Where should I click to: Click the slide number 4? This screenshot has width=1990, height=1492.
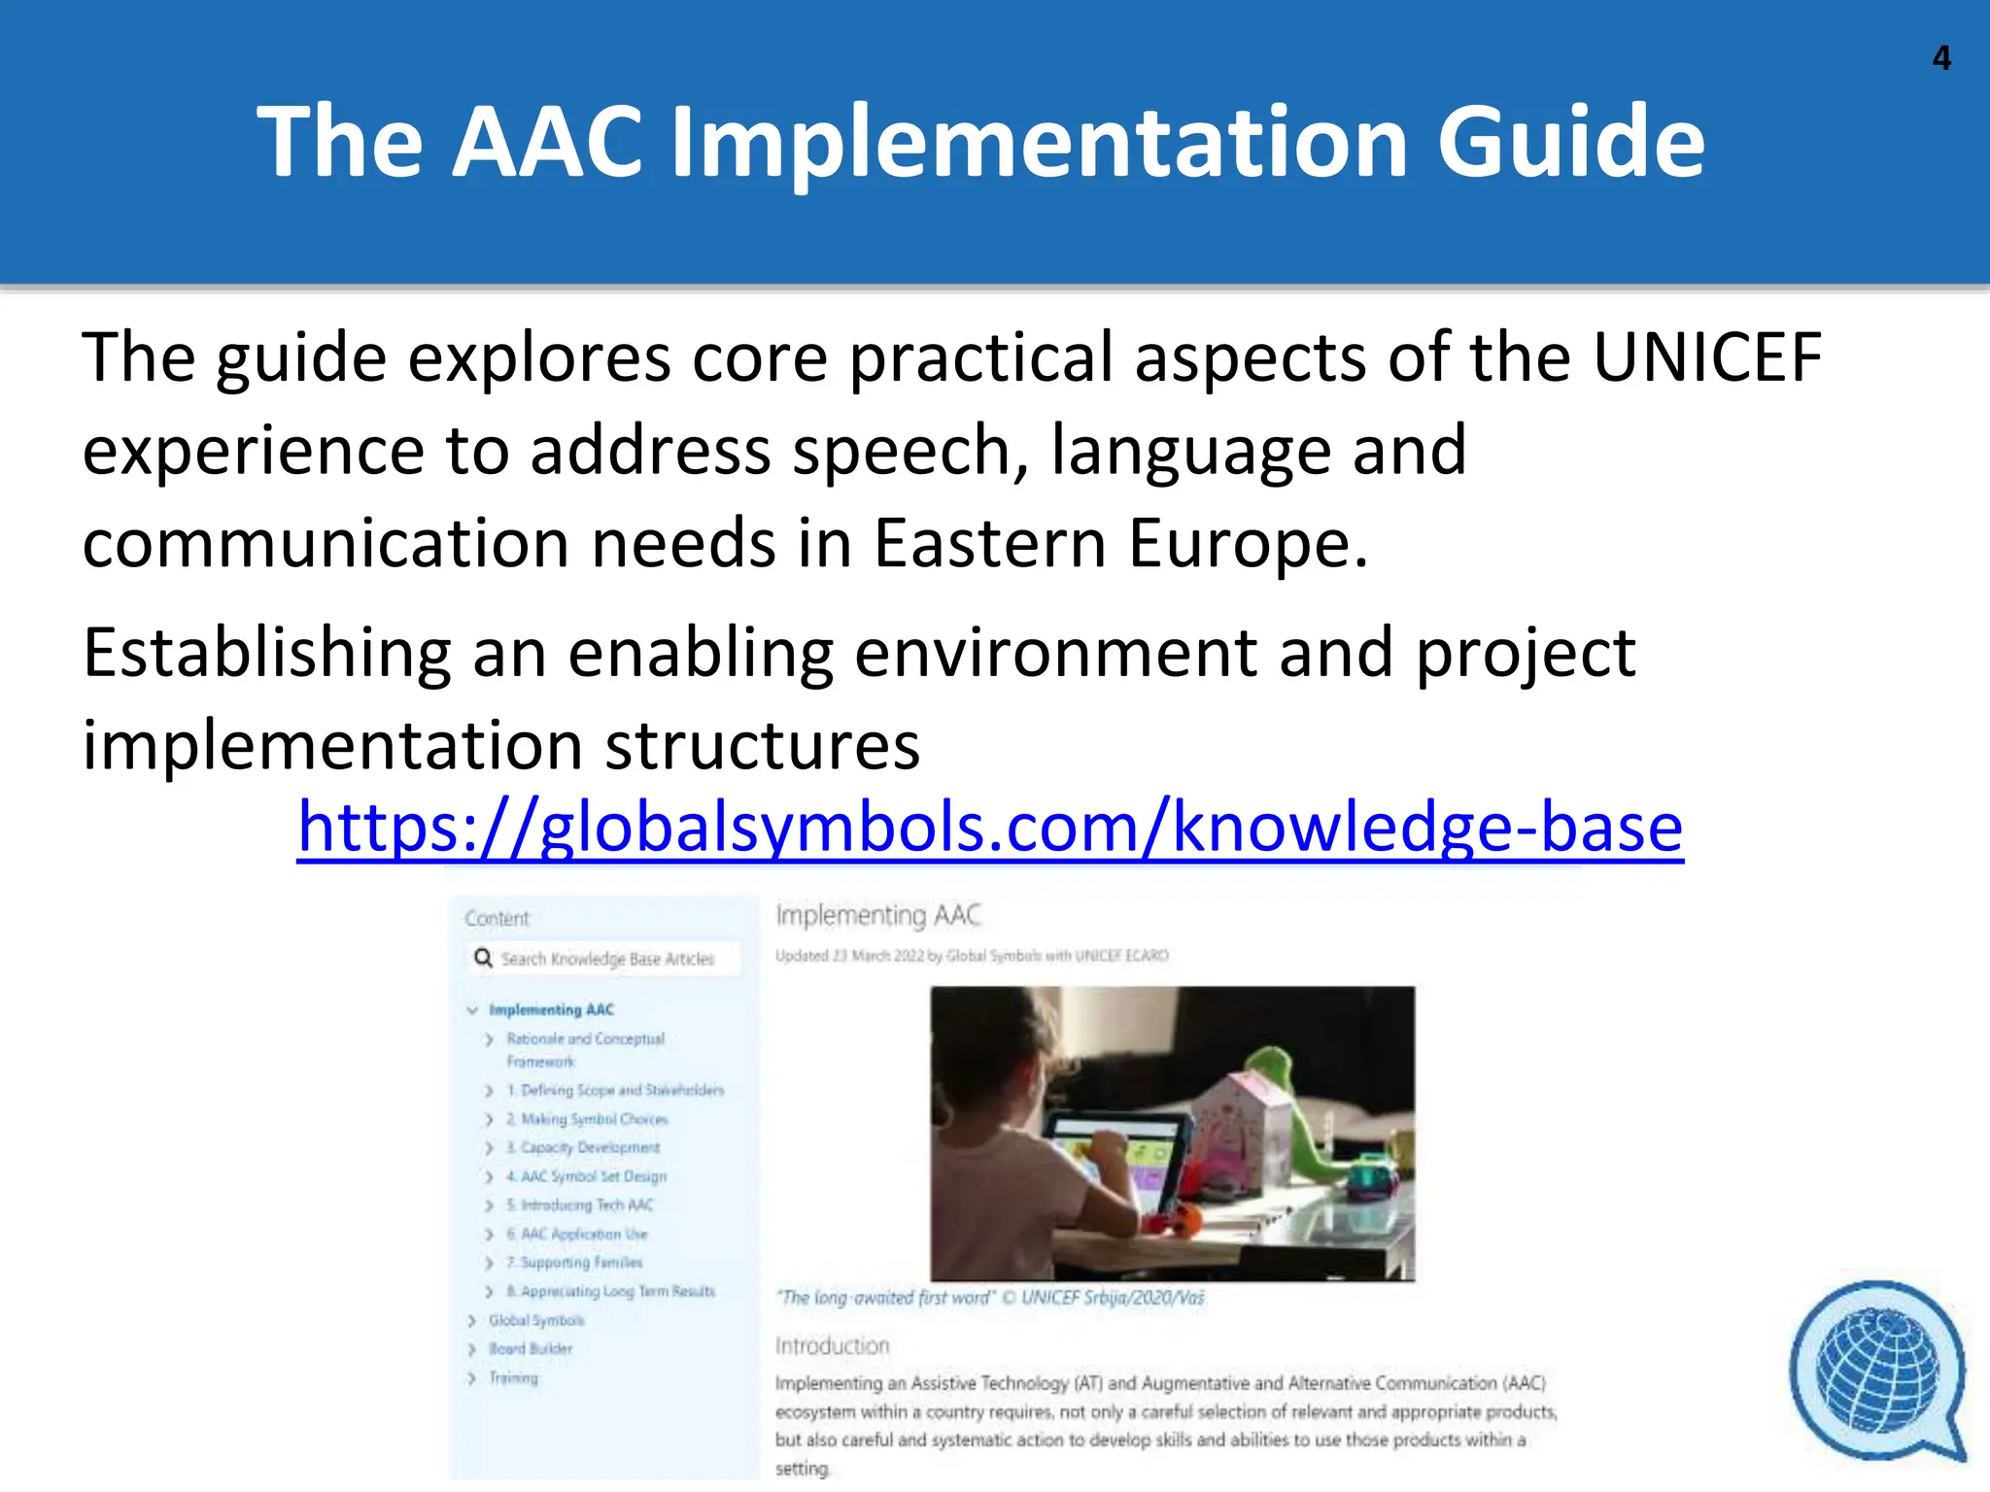click(x=1941, y=58)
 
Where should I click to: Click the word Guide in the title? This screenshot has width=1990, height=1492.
click(x=1570, y=142)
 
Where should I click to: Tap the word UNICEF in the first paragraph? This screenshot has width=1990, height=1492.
click(x=1706, y=357)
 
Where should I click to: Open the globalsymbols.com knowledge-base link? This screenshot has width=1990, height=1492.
click(x=989, y=827)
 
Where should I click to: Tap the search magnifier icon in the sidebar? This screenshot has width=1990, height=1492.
click(x=483, y=959)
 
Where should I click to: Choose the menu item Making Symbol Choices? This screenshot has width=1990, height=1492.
click(x=594, y=1119)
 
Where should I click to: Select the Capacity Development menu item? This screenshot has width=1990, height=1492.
click(x=589, y=1147)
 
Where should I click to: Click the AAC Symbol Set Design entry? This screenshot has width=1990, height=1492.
click(x=593, y=1176)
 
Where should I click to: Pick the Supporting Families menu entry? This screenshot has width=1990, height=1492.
click(x=581, y=1263)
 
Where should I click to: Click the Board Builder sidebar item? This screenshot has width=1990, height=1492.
click(x=531, y=1349)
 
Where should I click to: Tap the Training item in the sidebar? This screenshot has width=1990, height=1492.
click(x=513, y=1377)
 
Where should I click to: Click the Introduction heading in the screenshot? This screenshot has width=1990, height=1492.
click(x=832, y=1345)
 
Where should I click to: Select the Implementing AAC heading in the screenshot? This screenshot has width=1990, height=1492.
click(x=878, y=915)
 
